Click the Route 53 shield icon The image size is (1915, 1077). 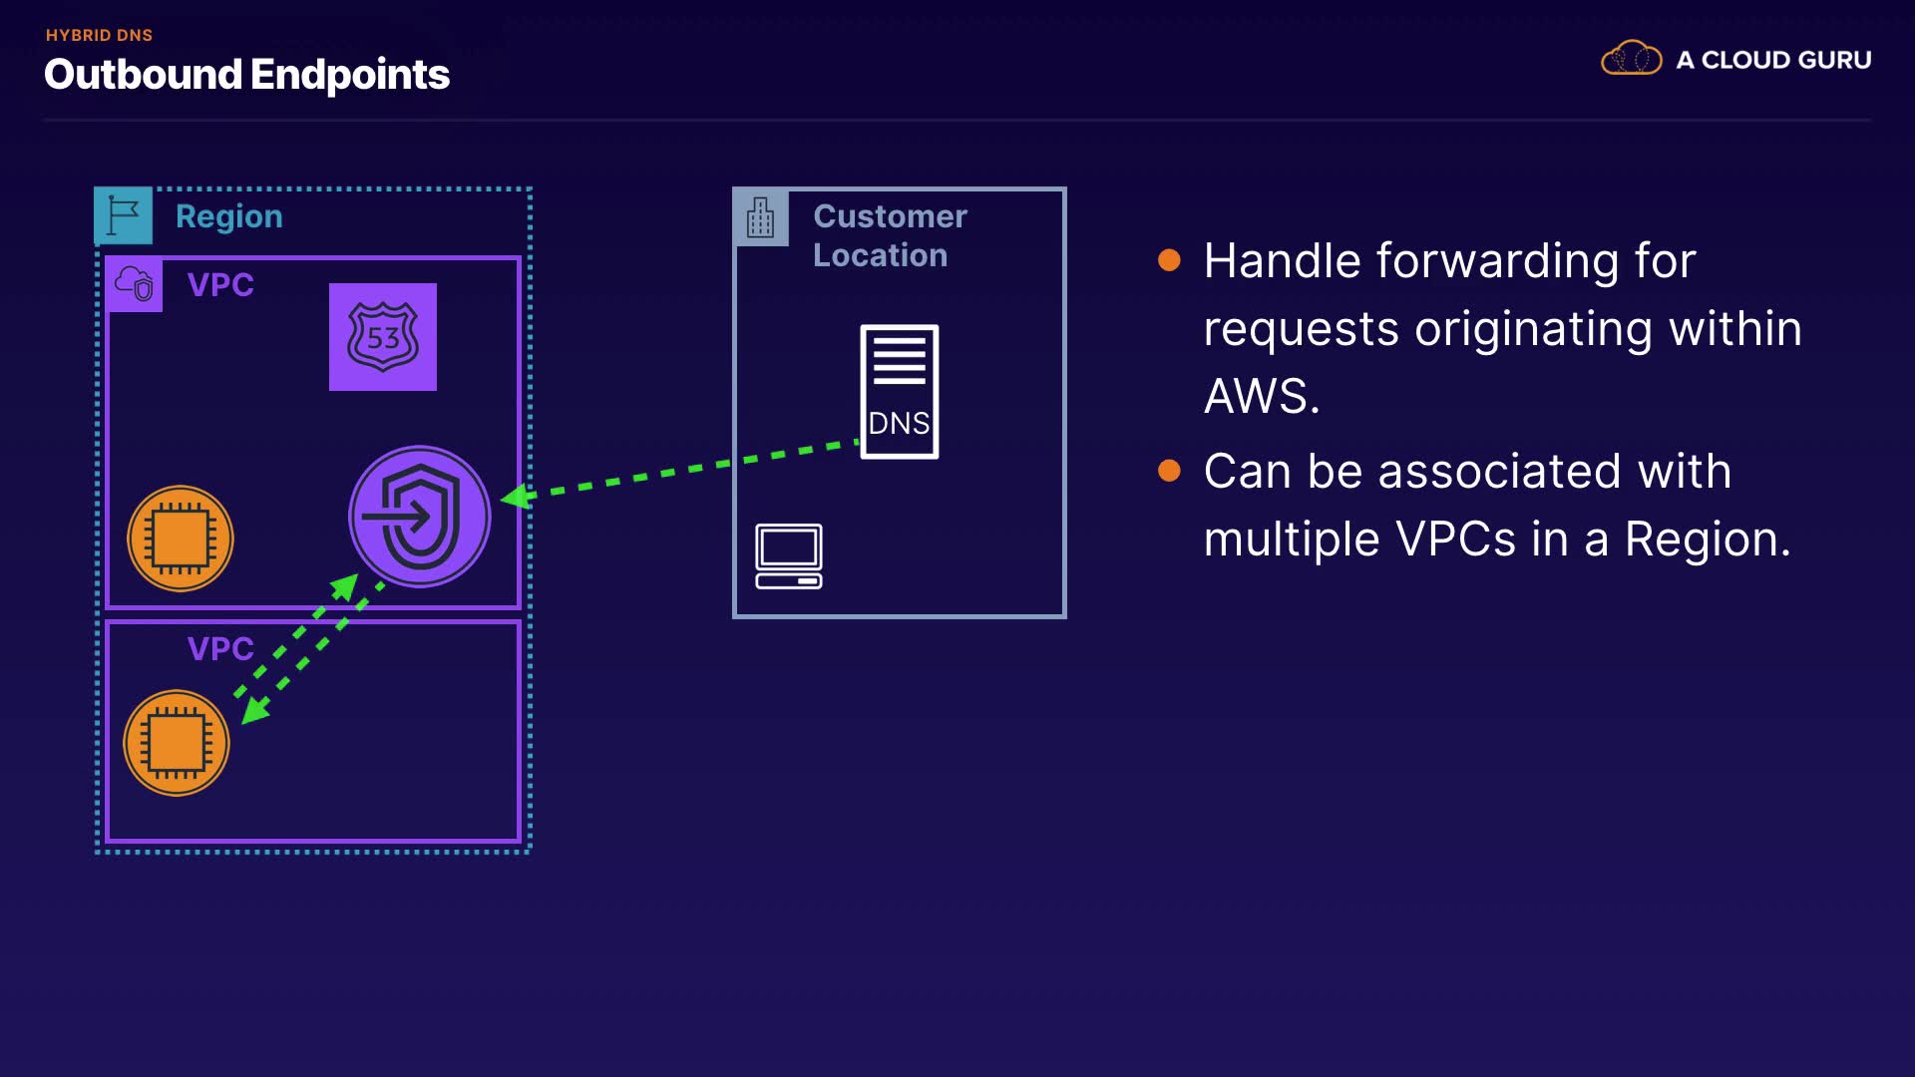coord(383,337)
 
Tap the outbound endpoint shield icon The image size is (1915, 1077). coord(420,517)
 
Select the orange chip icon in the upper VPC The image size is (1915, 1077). coord(181,538)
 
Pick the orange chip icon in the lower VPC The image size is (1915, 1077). coord(177,743)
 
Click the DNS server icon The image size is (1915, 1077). coord(900,392)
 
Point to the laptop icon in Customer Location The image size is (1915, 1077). coord(789,556)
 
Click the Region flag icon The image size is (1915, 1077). coord(124,215)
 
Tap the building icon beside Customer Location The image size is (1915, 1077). coord(761,216)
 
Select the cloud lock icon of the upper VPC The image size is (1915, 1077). coord(135,284)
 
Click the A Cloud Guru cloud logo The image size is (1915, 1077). coord(1632,58)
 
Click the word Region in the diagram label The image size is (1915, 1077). coord(229,217)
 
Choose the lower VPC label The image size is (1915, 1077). coord(220,649)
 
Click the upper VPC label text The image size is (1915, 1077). coord(220,285)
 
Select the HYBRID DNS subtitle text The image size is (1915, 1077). coord(99,35)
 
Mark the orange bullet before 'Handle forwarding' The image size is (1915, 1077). coord(1169,261)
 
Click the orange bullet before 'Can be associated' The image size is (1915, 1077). coord(1169,471)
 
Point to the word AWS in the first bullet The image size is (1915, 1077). coord(1262,397)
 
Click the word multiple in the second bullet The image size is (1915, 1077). coord(1292,539)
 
